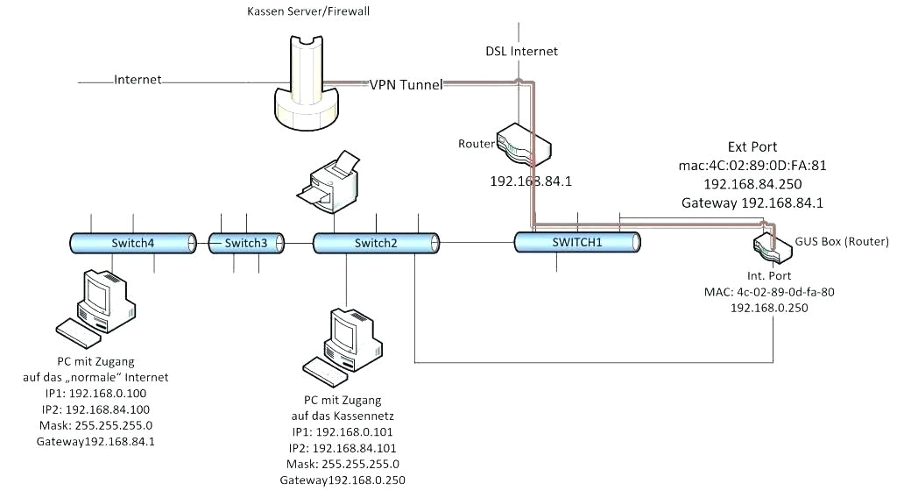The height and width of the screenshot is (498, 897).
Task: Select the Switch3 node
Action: (245, 243)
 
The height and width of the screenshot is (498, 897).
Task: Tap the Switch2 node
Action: (375, 243)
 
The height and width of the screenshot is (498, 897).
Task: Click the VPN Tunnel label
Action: (406, 84)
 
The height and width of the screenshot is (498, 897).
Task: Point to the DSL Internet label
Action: (522, 51)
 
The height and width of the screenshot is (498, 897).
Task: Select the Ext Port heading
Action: (752, 146)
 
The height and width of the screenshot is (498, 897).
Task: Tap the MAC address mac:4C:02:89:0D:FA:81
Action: (752, 165)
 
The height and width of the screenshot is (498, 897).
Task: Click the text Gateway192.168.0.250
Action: (343, 480)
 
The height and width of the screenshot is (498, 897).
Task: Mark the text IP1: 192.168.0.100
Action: (95, 393)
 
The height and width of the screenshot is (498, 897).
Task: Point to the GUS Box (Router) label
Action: (842, 241)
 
